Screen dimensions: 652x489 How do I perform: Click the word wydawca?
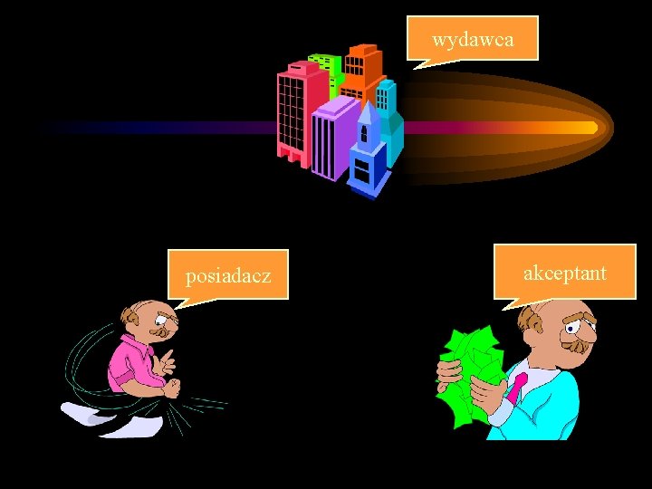(473, 40)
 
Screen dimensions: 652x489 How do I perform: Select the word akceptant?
(565, 273)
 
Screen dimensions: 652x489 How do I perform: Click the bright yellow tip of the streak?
(590, 128)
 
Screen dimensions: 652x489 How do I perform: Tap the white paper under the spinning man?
(100, 416)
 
